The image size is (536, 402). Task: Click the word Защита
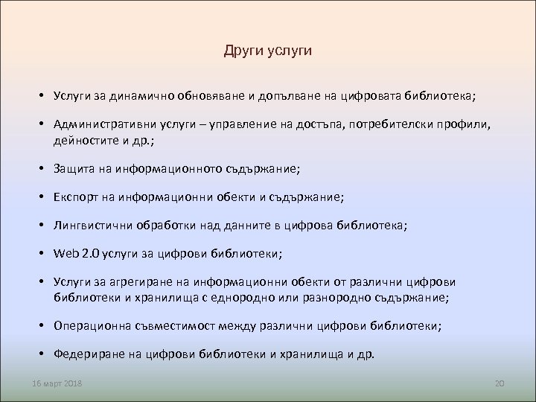pos(73,169)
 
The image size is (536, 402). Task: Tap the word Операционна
pos(90,326)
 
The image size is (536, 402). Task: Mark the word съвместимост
pos(170,326)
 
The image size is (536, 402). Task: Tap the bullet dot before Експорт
pos(45,197)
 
